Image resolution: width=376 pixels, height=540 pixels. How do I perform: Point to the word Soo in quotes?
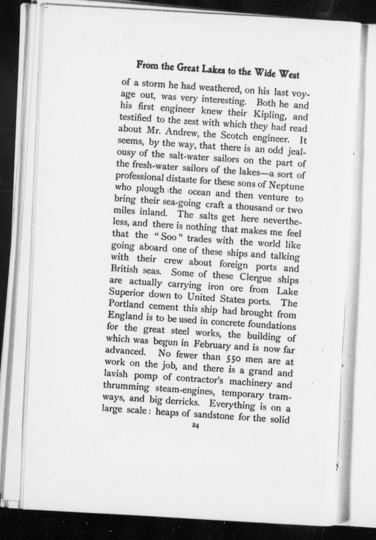[x=169, y=237]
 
